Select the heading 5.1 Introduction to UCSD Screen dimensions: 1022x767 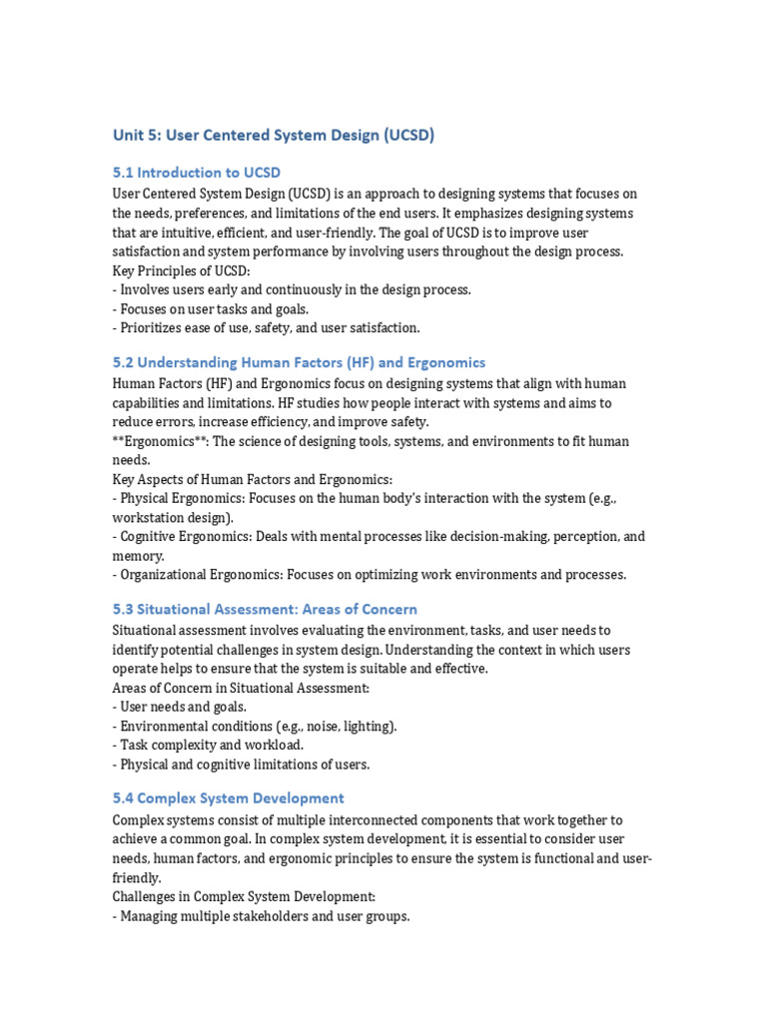(204, 173)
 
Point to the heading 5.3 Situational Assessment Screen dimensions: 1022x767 (265, 609)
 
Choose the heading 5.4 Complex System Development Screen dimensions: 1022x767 (228, 798)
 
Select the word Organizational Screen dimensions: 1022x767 (164, 575)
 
